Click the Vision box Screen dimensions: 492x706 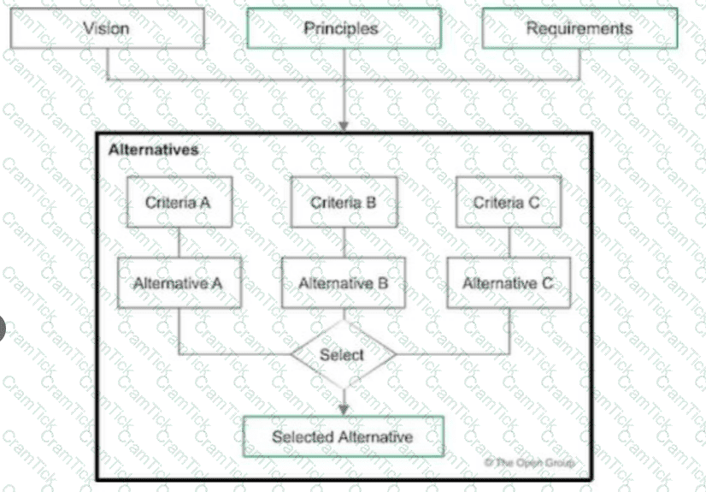(107, 28)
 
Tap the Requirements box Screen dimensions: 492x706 (580, 28)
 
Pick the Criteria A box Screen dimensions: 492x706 (178, 203)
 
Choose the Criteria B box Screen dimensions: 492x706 (344, 203)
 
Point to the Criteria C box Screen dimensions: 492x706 (508, 203)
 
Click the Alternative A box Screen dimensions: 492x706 (178, 282)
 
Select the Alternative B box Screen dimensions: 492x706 (344, 282)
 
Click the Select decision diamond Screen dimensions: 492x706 (343, 353)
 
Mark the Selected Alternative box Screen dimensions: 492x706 (344, 437)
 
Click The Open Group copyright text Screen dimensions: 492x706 (530, 463)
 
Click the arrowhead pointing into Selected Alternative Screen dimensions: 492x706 (344, 409)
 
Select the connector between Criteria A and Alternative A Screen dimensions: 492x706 (178, 242)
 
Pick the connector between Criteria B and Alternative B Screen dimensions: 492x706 (344, 242)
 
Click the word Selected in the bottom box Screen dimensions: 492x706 (303, 437)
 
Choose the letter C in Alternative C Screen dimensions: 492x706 (555, 282)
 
